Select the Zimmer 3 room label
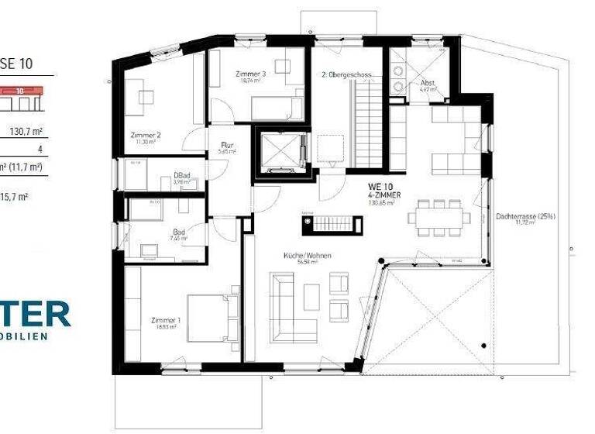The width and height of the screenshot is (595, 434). (x=250, y=74)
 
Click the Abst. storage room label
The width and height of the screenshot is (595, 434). (x=428, y=83)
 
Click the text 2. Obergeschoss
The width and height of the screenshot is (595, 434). (x=347, y=75)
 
